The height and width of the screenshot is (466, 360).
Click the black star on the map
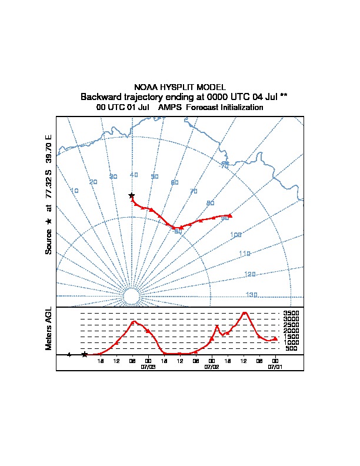pyautogui.click(x=132, y=195)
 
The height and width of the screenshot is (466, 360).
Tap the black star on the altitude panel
pyautogui.click(x=85, y=354)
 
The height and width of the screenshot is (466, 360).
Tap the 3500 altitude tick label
pyautogui.click(x=291, y=314)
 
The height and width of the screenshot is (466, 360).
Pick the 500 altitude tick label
pyautogui.click(x=291, y=348)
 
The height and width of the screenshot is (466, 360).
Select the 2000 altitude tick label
pyautogui.click(x=291, y=331)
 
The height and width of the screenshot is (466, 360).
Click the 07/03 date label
pyautogui.click(x=148, y=366)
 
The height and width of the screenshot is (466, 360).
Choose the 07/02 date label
pyautogui.click(x=212, y=366)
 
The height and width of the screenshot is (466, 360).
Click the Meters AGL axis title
pyautogui.click(x=49, y=328)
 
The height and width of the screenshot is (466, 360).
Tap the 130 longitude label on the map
pyautogui.click(x=251, y=295)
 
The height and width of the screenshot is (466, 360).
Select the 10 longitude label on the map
pyautogui.click(x=75, y=191)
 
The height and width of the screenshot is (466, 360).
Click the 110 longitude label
pyautogui.click(x=245, y=254)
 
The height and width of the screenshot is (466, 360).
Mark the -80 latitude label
pyautogui.click(x=178, y=232)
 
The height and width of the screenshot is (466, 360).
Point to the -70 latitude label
pyautogui.click(x=224, y=166)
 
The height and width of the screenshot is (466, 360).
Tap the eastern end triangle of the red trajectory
pyautogui.click(x=230, y=215)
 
